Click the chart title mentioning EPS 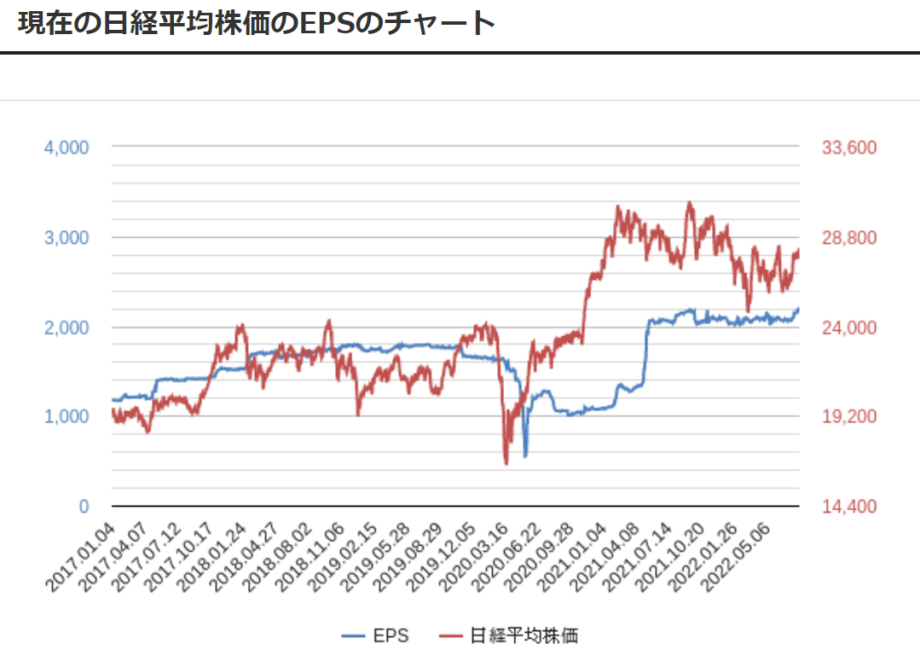coord(256,23)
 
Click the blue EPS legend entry coord(375,635)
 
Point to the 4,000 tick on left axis coord(67,148)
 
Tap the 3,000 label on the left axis coord(67,237)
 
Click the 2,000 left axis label coord(67,328)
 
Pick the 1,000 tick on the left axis coord(67,416)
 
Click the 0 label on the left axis coord(84,507)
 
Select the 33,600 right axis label coord(849,148)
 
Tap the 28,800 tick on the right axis coord(849,237)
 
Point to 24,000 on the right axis coord(849,328)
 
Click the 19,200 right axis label coord(849,416)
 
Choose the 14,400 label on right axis coord(849,507)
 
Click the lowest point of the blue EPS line coord(525,456)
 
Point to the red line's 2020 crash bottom coord(506,464)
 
